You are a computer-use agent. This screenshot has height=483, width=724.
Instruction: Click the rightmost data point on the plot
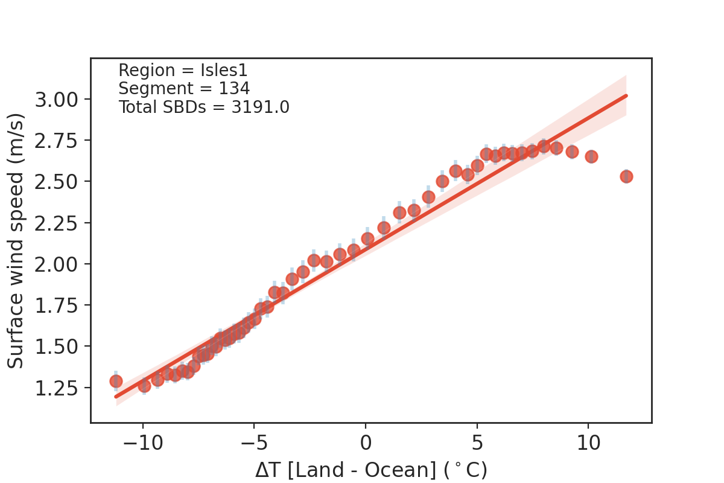tap(626, 176)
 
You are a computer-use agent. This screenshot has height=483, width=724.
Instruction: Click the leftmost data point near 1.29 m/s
tap(116, 381)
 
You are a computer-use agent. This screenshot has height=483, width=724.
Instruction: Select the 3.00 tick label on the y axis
tap(57, 99)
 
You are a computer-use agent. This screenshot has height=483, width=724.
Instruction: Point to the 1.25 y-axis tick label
tap(57, 388)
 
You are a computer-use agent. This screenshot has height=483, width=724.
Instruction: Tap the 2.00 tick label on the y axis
tap(57, 264)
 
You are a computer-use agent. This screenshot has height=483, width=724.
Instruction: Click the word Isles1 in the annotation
tap(225, 71)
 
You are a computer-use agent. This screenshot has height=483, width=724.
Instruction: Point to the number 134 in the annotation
tap(235, 89)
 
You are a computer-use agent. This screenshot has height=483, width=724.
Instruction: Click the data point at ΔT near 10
tap(591, 156)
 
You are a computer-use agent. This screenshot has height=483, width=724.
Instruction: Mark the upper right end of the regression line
tap(626, 95)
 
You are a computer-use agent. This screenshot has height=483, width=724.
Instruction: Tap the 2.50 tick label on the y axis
tap(57, 182)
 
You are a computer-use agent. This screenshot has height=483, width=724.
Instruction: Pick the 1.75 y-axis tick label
tap(57, 305)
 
